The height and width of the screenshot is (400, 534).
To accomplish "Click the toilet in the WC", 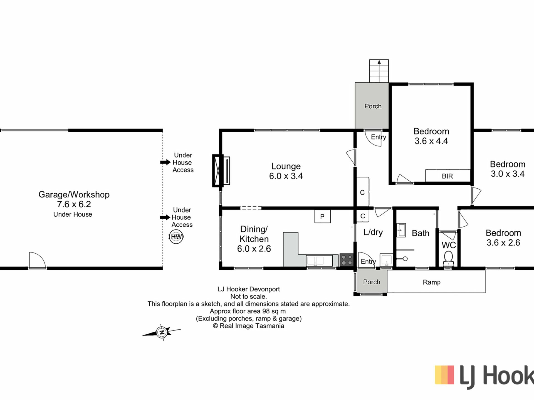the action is coord(448,258).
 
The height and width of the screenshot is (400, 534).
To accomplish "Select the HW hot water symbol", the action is coord(176,237).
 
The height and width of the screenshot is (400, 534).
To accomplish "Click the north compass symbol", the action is coord(162,332).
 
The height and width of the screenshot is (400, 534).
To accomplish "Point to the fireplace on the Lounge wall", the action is coord(221,171).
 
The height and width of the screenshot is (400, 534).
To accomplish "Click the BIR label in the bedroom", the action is coord(447,176).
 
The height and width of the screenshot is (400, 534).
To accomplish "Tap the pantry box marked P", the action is coord(322,216).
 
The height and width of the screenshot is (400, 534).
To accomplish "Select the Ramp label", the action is coord(432,282).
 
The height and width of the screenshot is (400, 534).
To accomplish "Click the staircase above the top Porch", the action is coord(379,71).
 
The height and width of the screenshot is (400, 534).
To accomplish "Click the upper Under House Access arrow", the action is coord(165,162).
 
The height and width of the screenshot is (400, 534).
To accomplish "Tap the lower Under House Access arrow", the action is coord(165,217).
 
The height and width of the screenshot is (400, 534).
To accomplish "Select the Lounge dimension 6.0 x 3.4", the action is coord(286,176).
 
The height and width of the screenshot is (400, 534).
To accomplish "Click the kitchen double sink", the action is coord(319,261).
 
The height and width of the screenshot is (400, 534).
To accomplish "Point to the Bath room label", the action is coord(421,233).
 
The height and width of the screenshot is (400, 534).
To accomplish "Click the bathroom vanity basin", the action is coord(401,230).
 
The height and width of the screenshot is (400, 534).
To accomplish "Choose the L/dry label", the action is coord(373,232).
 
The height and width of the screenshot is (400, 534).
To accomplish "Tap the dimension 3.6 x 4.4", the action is coord(431,141).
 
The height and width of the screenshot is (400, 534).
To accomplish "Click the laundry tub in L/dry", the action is coord(386,260).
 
